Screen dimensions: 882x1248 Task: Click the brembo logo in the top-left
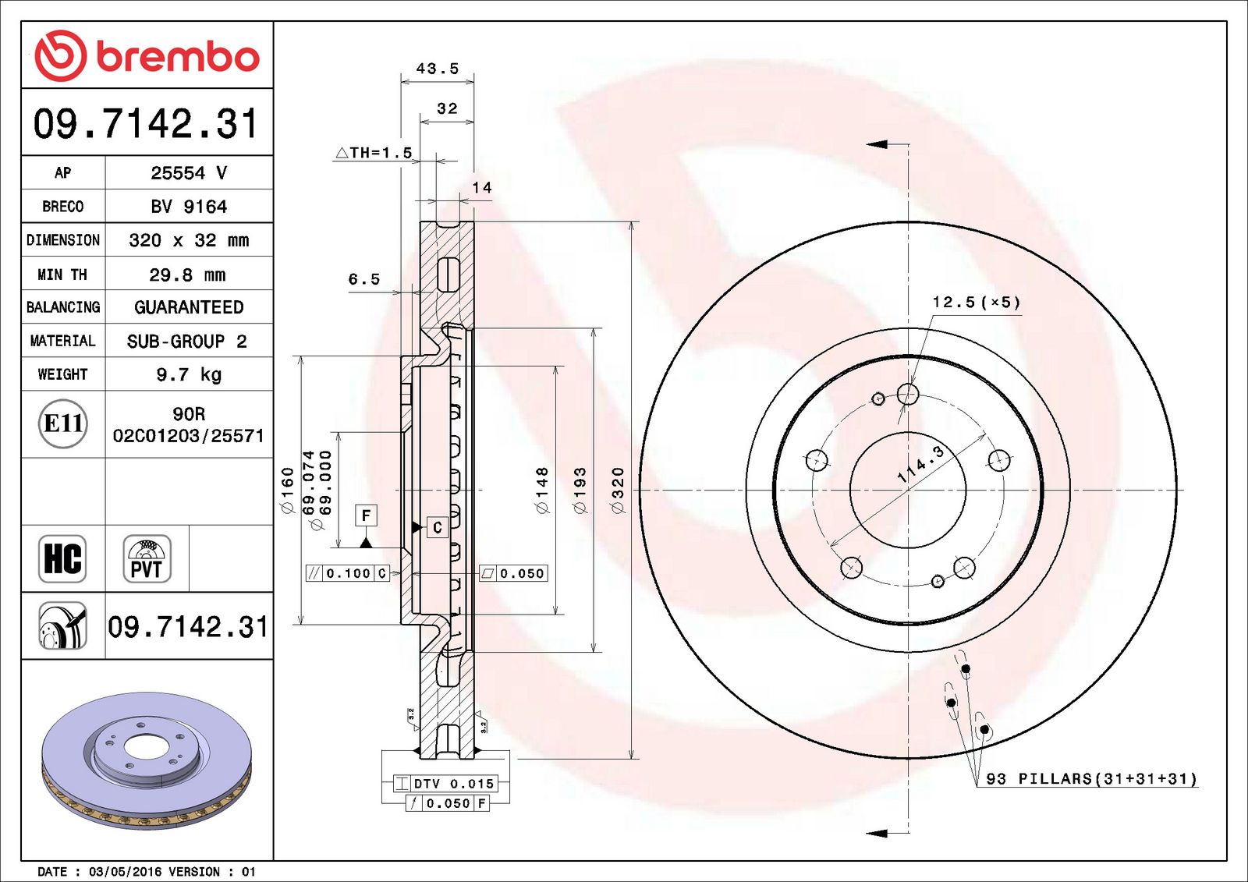(x=147, y=56)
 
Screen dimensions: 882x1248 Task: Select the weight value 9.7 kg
(x=189, y=374)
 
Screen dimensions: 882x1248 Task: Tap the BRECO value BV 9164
(x=189, y=207)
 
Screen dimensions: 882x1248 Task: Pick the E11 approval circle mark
(x=62, y=423)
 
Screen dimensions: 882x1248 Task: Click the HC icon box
(x=62, y=558)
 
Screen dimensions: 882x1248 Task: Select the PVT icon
(x=147, y=558)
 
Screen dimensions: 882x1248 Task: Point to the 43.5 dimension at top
(x=438, y=69)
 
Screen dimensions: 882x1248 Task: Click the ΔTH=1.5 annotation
(x=374, y=153)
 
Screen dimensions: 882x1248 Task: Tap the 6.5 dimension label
(x=364, y=279)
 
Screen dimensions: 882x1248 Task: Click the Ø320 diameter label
(x=619, y=490)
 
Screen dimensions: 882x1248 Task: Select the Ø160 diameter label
(x=288, y=490)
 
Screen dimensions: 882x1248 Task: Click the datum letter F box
(x=366, y=515)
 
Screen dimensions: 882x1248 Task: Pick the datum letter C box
(x=438, y=528)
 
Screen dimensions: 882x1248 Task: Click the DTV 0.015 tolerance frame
(x=445, y=783)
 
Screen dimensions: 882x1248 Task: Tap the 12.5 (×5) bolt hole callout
(x=976, y=303)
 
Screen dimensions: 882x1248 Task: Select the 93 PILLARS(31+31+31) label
(x=1090, y=778)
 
